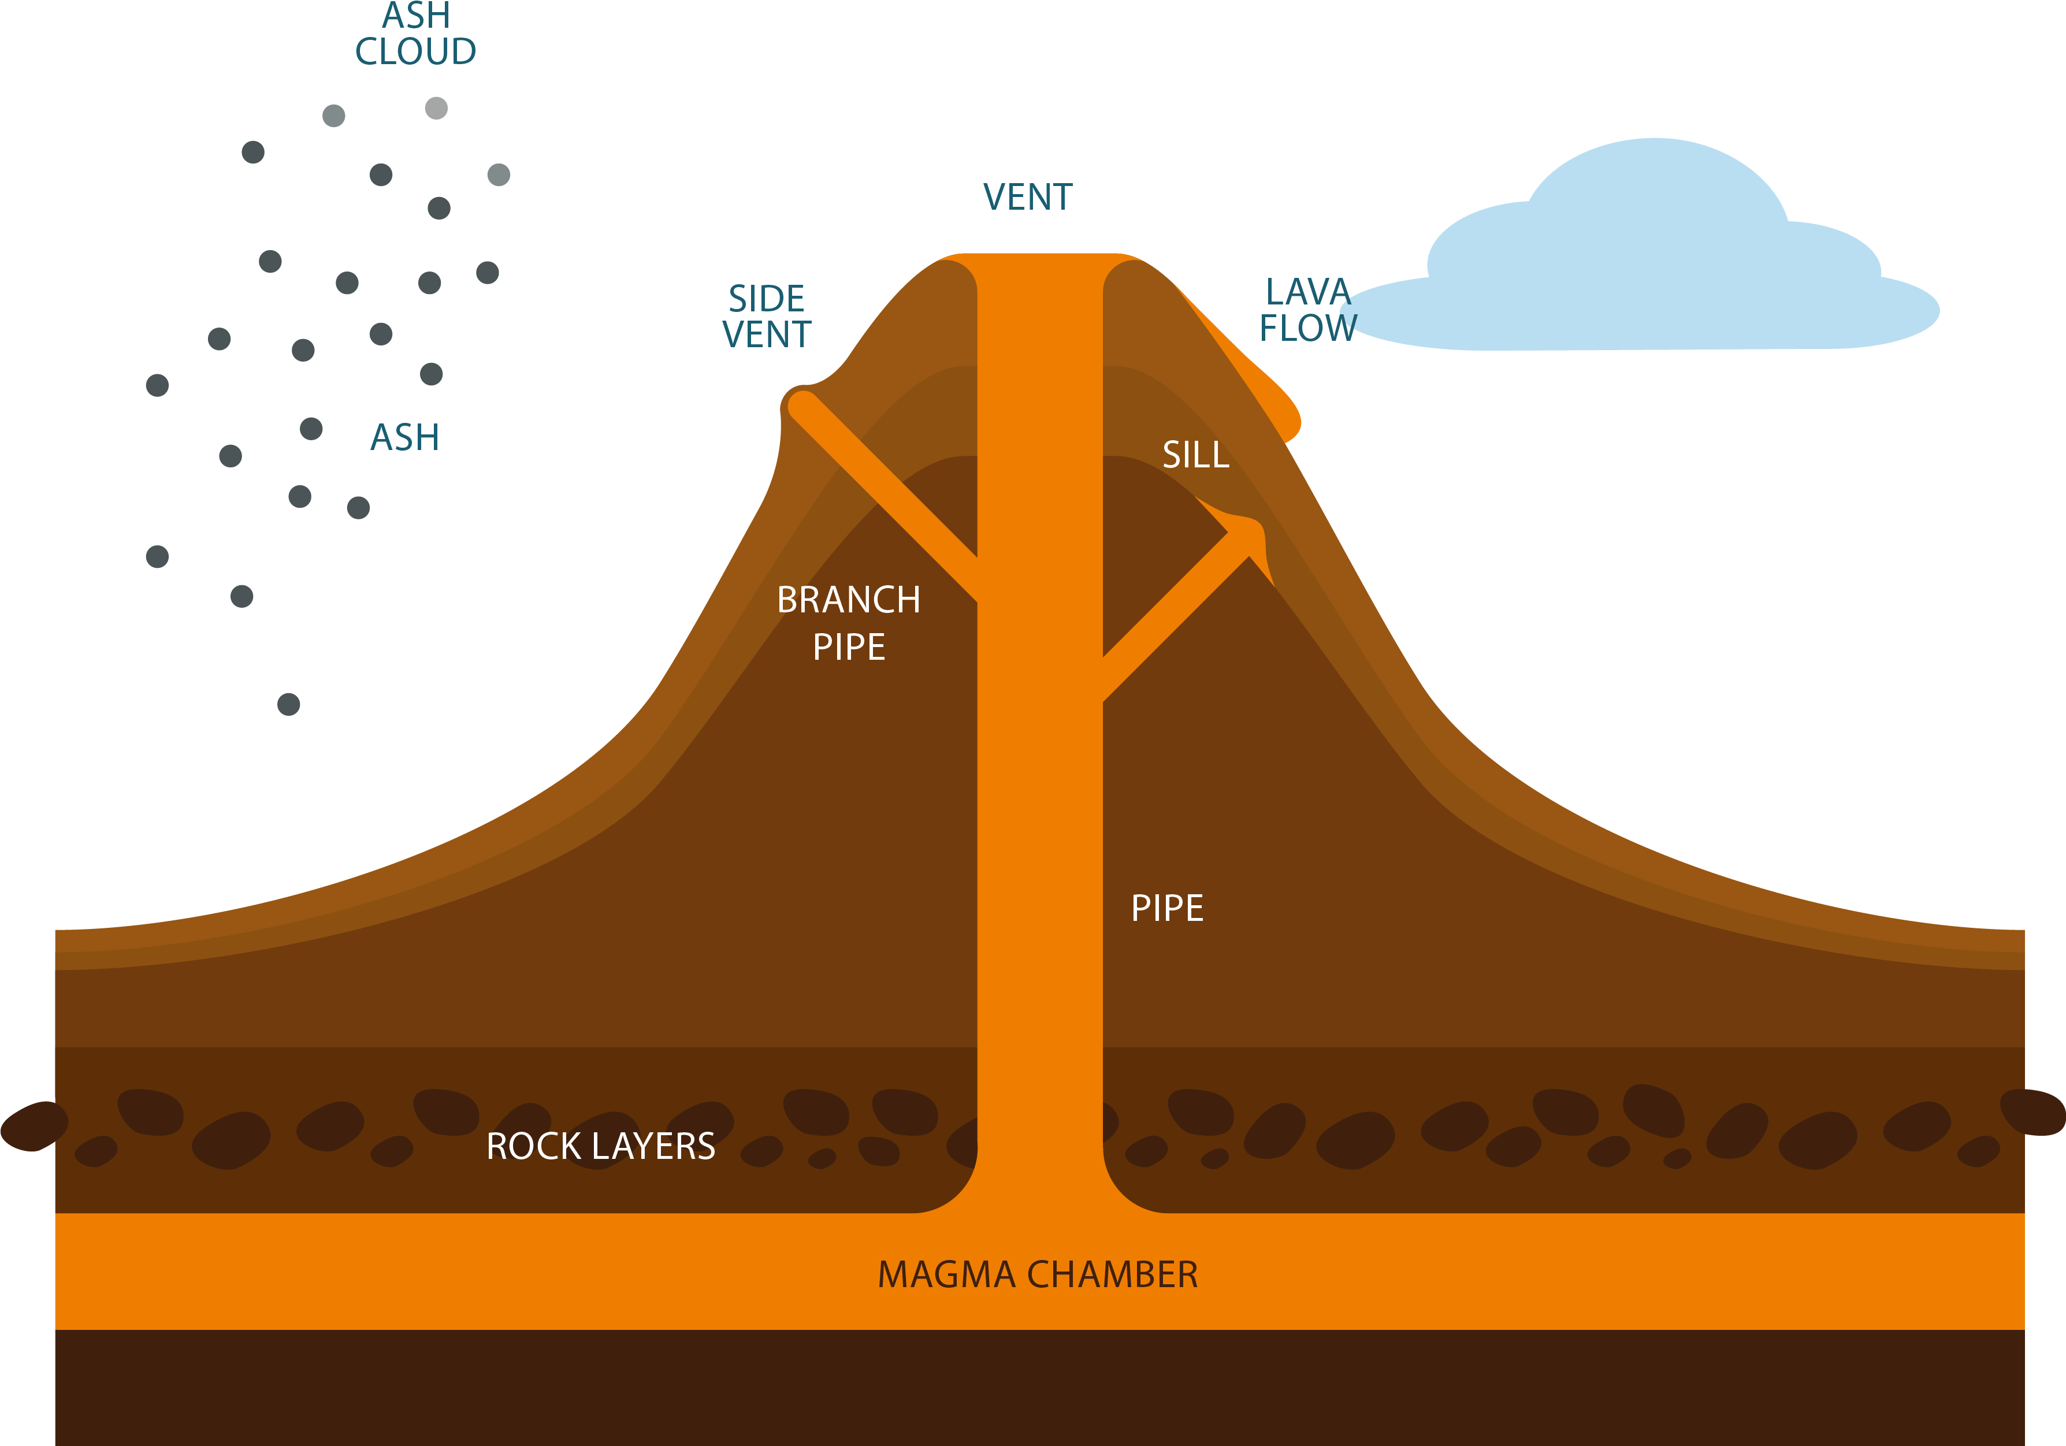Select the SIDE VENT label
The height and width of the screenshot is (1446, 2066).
point(767,317)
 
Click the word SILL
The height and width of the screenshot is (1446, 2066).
point(1195,455)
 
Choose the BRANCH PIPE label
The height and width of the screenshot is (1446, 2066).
point(849,623)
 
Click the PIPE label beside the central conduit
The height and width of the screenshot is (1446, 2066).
point(1167,909)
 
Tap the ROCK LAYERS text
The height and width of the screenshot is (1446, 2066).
point(600,1146)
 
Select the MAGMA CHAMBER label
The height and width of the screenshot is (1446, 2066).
point(1038,1275)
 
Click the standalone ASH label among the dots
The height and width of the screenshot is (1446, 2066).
point(405,438)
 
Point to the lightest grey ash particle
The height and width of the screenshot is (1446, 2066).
point(436,108)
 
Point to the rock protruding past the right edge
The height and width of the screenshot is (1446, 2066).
point(2035,1112)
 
